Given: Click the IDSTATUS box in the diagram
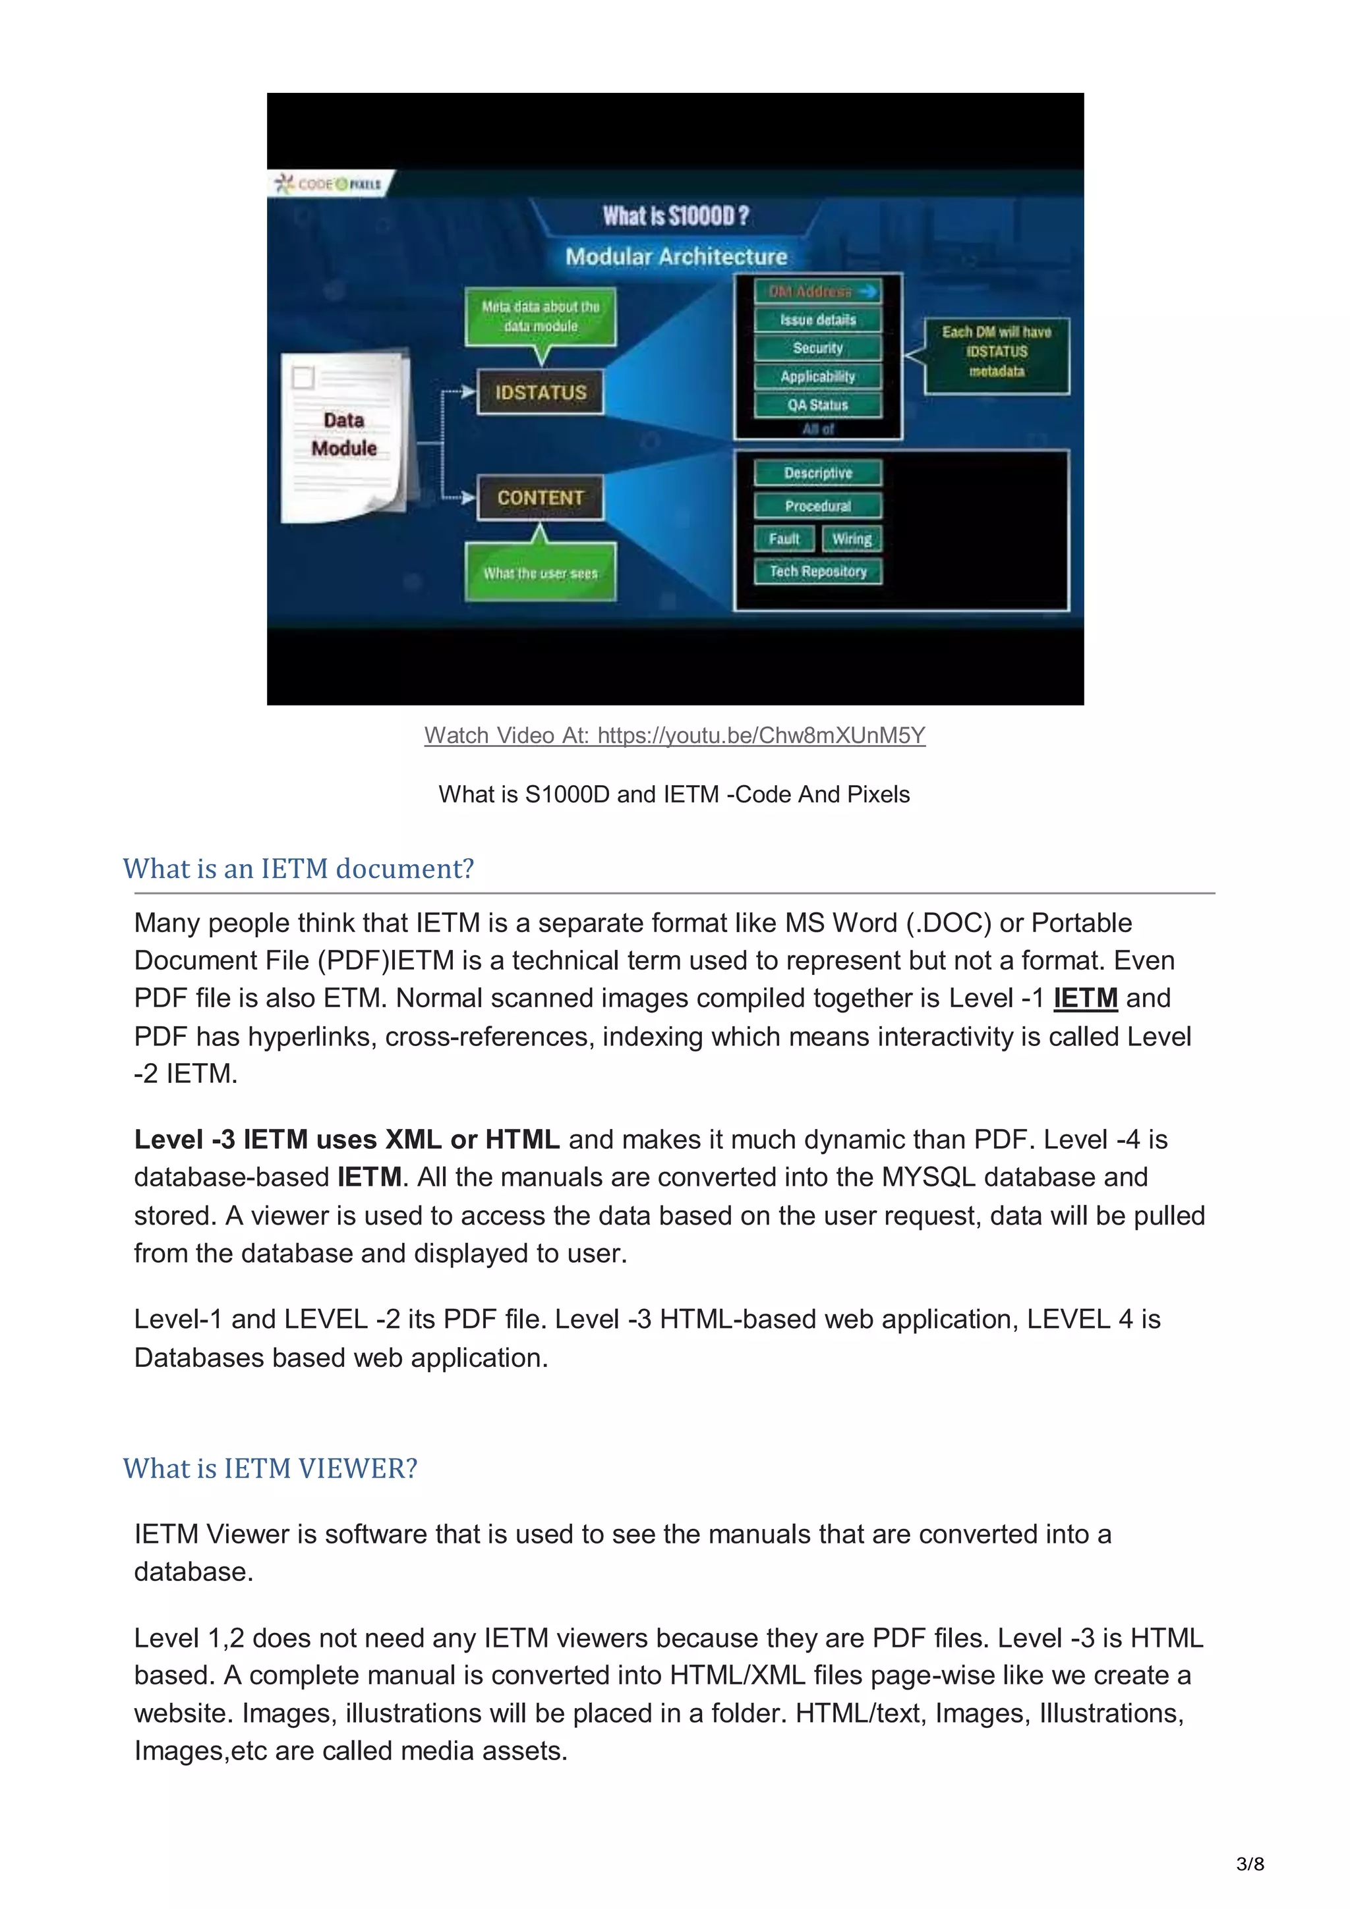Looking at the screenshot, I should tap(541, 393).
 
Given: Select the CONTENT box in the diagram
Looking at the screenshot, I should tap(541, 497).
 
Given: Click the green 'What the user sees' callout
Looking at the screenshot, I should tap(541, 573).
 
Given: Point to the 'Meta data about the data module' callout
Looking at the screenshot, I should tap(541, 317).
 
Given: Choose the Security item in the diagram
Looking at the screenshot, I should tap(817, 348).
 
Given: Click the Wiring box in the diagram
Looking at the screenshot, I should tap(852, 539).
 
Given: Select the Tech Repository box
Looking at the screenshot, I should tap(817, 571).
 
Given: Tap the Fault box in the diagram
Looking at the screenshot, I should tap(784, 539).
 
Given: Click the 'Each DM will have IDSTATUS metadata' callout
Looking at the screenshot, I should tap(997, 352).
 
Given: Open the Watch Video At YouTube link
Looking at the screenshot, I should tap(674, 736).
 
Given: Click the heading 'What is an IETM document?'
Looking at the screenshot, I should tap(298, 869).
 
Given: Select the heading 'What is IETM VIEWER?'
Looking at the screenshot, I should tap(270, 1468).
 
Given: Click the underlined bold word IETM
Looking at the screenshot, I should tap(1084, 998).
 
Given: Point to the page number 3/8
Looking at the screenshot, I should tap(1249, 1864).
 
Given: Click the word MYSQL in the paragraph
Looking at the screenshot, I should tap(928, 1177).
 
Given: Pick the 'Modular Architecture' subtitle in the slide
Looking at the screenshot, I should tap(676, 257).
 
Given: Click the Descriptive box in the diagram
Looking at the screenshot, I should tap(817, 473).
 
